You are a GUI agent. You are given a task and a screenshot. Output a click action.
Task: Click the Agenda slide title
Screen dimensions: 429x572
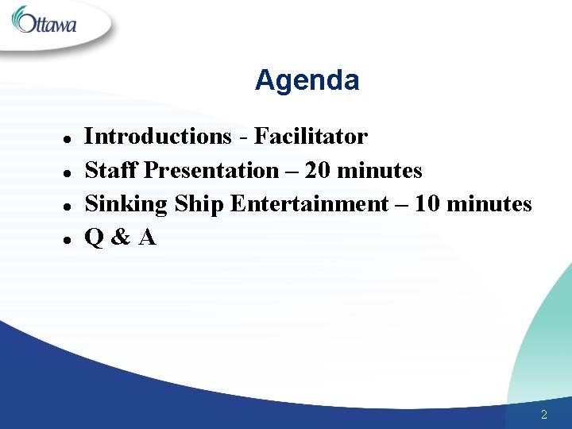click(x=307, y=80)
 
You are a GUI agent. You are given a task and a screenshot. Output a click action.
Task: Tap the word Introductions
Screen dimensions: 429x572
click(x=157, y=137)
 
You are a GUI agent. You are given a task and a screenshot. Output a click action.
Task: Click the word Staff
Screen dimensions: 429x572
click(x=111, y=171)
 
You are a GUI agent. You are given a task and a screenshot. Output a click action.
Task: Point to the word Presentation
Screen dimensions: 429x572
click(x=211, y=171)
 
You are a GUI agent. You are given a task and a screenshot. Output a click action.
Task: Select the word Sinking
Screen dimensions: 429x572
click(x=126, y=205)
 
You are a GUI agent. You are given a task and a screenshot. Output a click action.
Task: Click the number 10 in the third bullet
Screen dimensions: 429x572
click(x=426, y=205)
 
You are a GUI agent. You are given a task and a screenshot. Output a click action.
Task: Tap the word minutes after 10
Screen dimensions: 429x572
click(x=489, y=205)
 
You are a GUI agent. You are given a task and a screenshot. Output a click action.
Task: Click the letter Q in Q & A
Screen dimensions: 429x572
click(x=94, y=238)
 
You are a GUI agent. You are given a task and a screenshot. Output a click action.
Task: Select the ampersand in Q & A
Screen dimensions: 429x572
click(x=120, y=238)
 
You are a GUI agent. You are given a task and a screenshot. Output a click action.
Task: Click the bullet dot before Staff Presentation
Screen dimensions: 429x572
click(x=68, y=172)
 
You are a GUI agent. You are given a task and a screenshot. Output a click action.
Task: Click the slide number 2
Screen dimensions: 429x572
click(x=543, y=415)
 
